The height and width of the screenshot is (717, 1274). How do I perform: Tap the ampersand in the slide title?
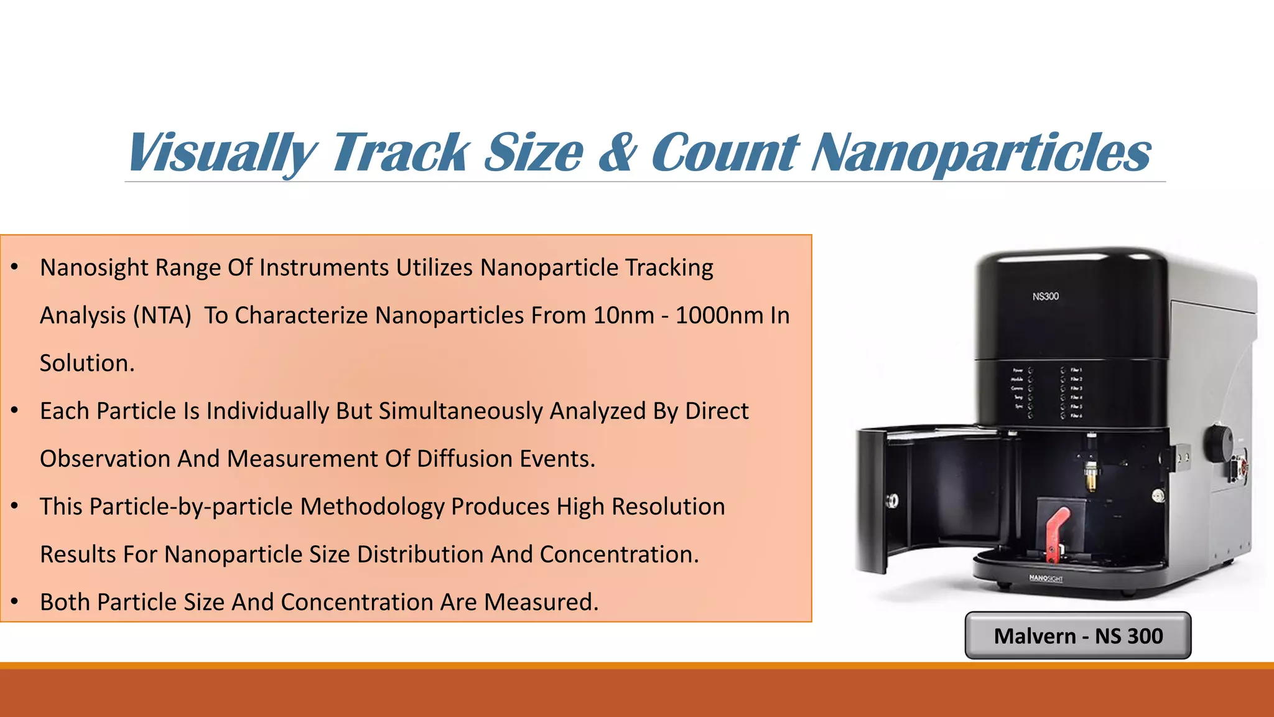coord(617,152)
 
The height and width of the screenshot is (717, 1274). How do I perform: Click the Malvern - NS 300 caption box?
coord(1077,635)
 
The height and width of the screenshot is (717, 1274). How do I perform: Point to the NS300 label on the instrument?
coord(1045,296)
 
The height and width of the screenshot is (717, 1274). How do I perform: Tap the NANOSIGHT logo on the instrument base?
coord(1046,578)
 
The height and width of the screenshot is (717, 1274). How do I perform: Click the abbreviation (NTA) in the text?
coord(162,316)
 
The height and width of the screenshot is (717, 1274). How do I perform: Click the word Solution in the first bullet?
coord(85,363)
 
